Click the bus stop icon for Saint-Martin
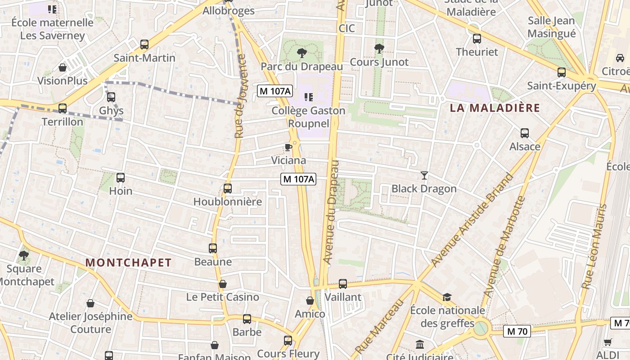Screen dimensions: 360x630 [144, 45]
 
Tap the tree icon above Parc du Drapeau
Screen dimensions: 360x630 [301, 53]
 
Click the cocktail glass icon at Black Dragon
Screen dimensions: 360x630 [424, 175]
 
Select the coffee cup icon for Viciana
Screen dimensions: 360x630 [288, 147]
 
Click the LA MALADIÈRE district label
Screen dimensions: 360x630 [495, 108]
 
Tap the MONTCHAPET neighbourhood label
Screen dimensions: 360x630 [128, 263]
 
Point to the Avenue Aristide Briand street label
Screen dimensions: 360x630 [472, 220]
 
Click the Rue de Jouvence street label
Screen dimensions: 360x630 [240, 96]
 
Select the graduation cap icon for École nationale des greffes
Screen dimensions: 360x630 [447, 297]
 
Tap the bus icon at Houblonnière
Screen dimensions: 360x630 [228, 189]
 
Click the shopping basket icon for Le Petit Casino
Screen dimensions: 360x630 [222, 284]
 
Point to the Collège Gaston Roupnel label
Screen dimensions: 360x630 [309, 117]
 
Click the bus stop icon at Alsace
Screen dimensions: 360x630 [524, 133]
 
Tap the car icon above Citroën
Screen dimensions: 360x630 [620, 58]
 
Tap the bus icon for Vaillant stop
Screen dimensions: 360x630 [343, 284]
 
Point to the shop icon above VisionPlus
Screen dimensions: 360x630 [63, 68]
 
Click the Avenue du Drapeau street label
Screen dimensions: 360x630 [332, 211]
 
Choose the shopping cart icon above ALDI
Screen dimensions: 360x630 [607, 342]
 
